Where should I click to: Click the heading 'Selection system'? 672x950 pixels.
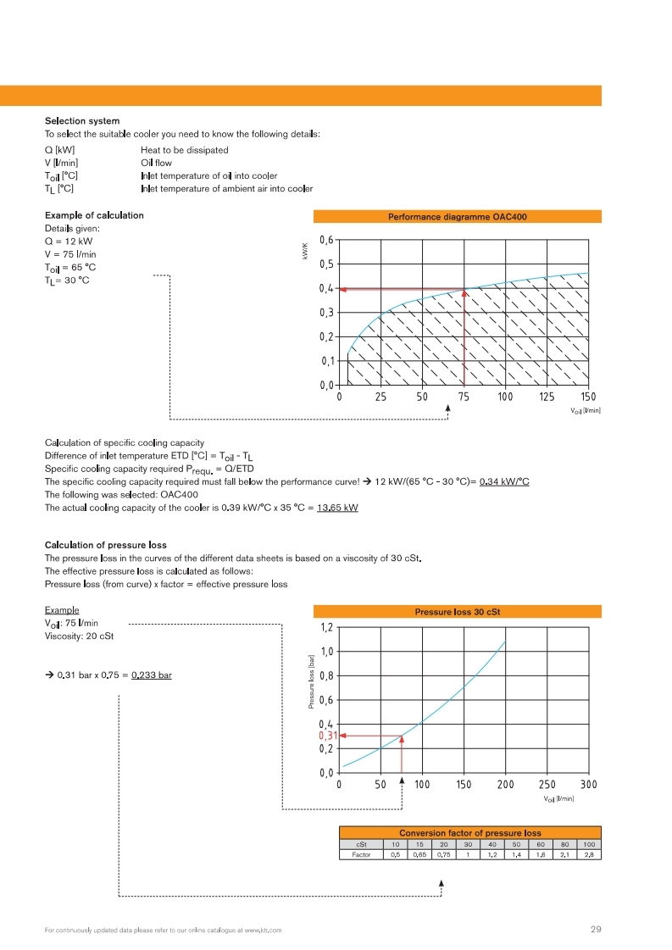coord(81,121)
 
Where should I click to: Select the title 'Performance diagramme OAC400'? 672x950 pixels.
coord(457,217)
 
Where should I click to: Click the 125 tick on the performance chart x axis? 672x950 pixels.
coord(547,397)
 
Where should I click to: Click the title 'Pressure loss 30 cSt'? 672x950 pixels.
coord(457,611)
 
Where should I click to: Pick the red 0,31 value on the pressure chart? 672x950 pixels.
coord(327,736)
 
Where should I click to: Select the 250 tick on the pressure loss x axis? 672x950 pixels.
coord(547,784)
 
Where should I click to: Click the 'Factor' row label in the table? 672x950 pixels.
coord(362,855)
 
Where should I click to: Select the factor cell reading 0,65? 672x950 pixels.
coord(419,855)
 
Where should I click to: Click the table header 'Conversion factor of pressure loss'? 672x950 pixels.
coord(469,833)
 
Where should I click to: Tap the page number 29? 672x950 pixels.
coord(595,930)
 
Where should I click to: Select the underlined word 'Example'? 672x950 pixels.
coord(62,610)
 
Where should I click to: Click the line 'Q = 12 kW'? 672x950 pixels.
coord(68,241)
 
